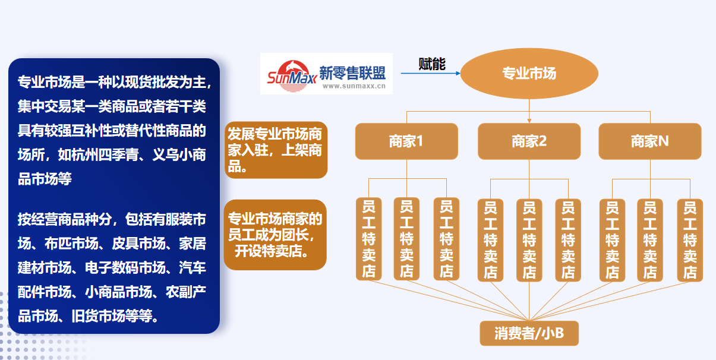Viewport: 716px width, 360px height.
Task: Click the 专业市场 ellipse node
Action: point(529,74)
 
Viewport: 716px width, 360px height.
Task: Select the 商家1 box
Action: point(406,141)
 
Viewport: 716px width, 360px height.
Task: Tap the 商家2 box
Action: point(529,141)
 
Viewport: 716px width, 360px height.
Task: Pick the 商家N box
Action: point(650,141)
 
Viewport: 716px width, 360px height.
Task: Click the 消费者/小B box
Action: point(529,333)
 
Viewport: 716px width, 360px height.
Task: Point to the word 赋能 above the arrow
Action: point(432,64)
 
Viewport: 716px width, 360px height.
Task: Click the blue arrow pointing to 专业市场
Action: point(431,73)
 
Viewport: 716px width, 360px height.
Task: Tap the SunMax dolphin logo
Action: point(292,76)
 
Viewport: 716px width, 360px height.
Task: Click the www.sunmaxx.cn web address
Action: point(354,86)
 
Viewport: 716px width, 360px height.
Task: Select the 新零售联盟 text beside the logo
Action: point(352,73)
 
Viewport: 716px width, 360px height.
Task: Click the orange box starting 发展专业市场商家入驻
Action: point(276,150)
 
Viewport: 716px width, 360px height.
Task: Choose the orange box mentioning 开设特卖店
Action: point(275,235)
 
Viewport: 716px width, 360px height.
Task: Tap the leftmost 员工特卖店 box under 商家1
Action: point(368,239)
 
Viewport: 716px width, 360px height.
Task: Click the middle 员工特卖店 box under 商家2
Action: point(529,240)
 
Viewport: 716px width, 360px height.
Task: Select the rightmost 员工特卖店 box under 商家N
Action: point(690,240)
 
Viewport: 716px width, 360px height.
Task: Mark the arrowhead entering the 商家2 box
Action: point(529,121)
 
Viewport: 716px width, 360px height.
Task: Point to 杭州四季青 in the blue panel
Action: point(98,154)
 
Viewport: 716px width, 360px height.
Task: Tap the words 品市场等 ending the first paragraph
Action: point(45,179)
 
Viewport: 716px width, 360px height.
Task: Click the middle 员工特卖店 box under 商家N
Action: point(650,240)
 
